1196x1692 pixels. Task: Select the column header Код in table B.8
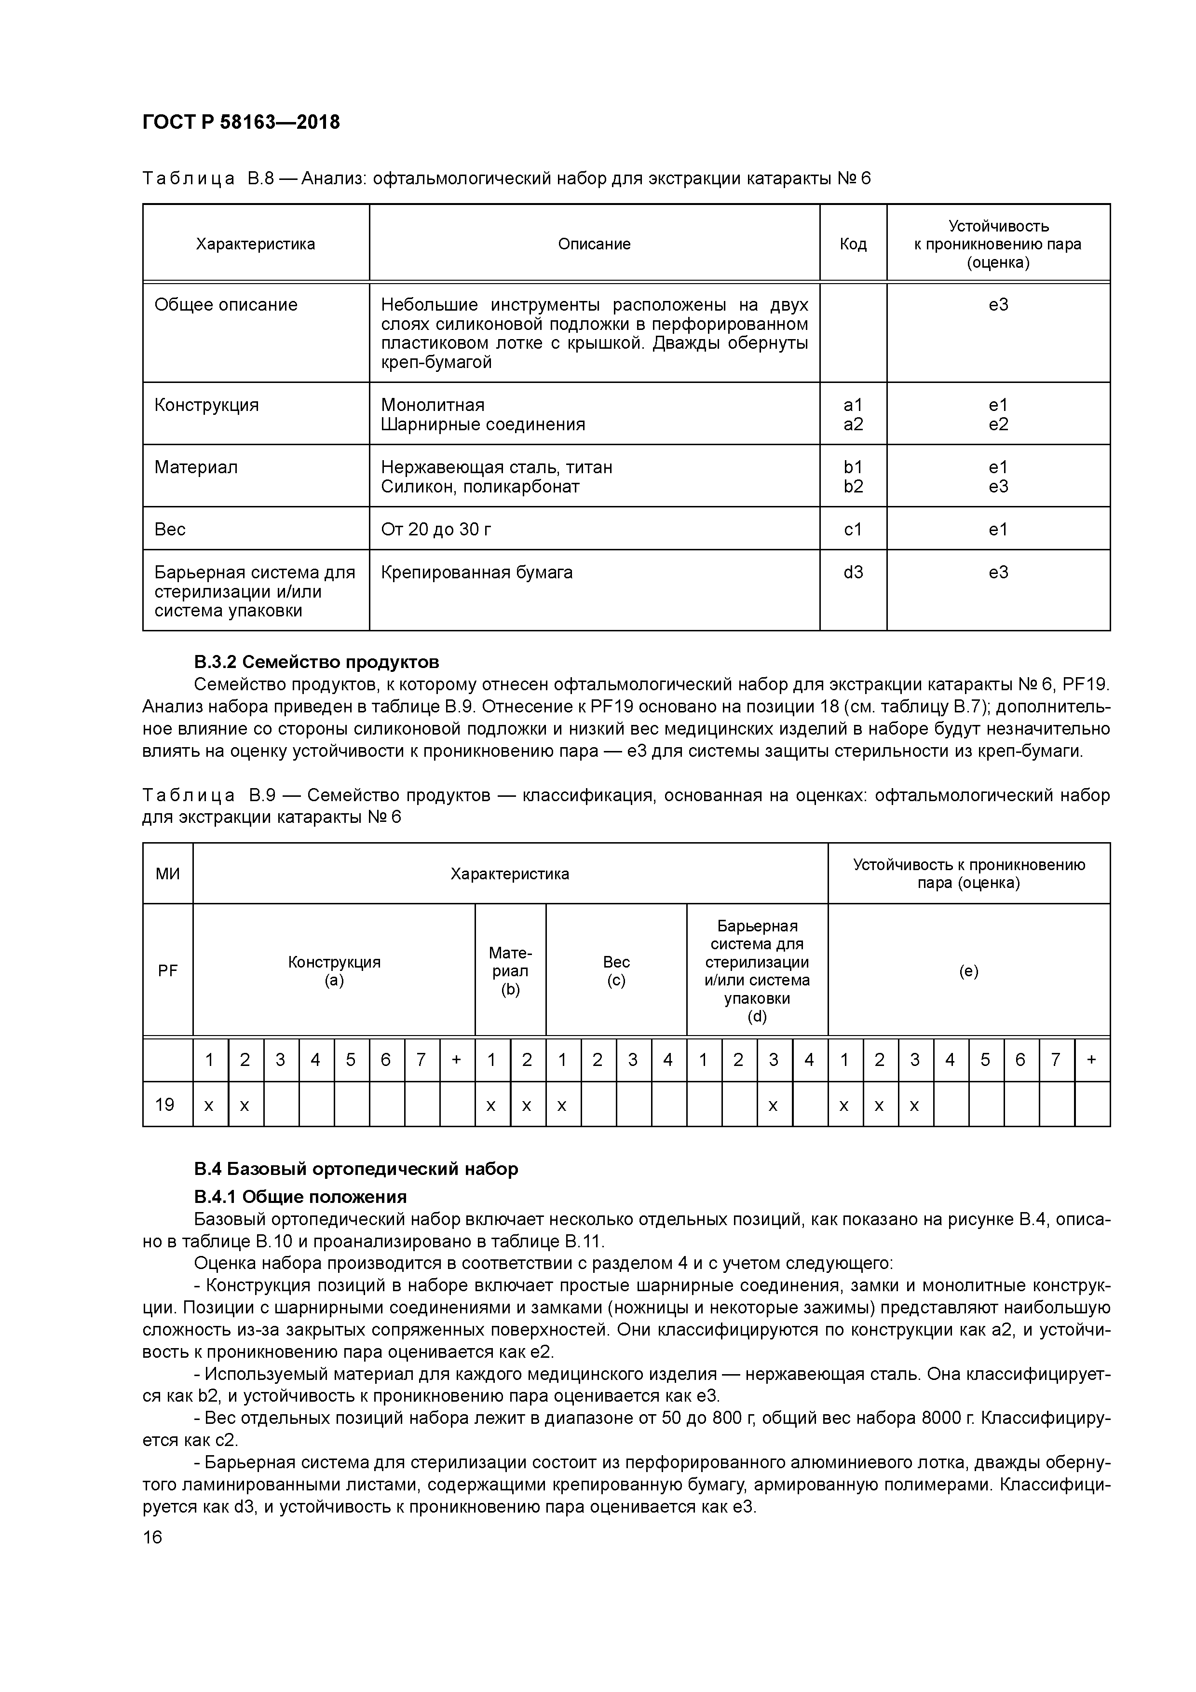click(x=853, y=244)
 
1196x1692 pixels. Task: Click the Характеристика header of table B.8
click(x=255, y=244)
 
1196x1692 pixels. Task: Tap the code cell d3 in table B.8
click(x=853, y=573)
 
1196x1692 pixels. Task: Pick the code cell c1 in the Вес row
click(x=853, y=529)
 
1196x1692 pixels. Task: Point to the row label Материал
click(x=196, y=467)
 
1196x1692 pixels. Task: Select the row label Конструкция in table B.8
click(x=206, y=405)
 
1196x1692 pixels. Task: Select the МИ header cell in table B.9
click(x=167, y=874)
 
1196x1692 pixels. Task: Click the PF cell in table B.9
click(x=167, y=970)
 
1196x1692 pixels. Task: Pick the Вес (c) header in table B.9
click(x=616, y=970)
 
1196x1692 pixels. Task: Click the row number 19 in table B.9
click(x=165, y=1104)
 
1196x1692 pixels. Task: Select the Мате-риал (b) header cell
click(x=510, y=970)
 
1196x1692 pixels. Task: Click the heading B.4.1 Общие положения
click(x=300, y=1196)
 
